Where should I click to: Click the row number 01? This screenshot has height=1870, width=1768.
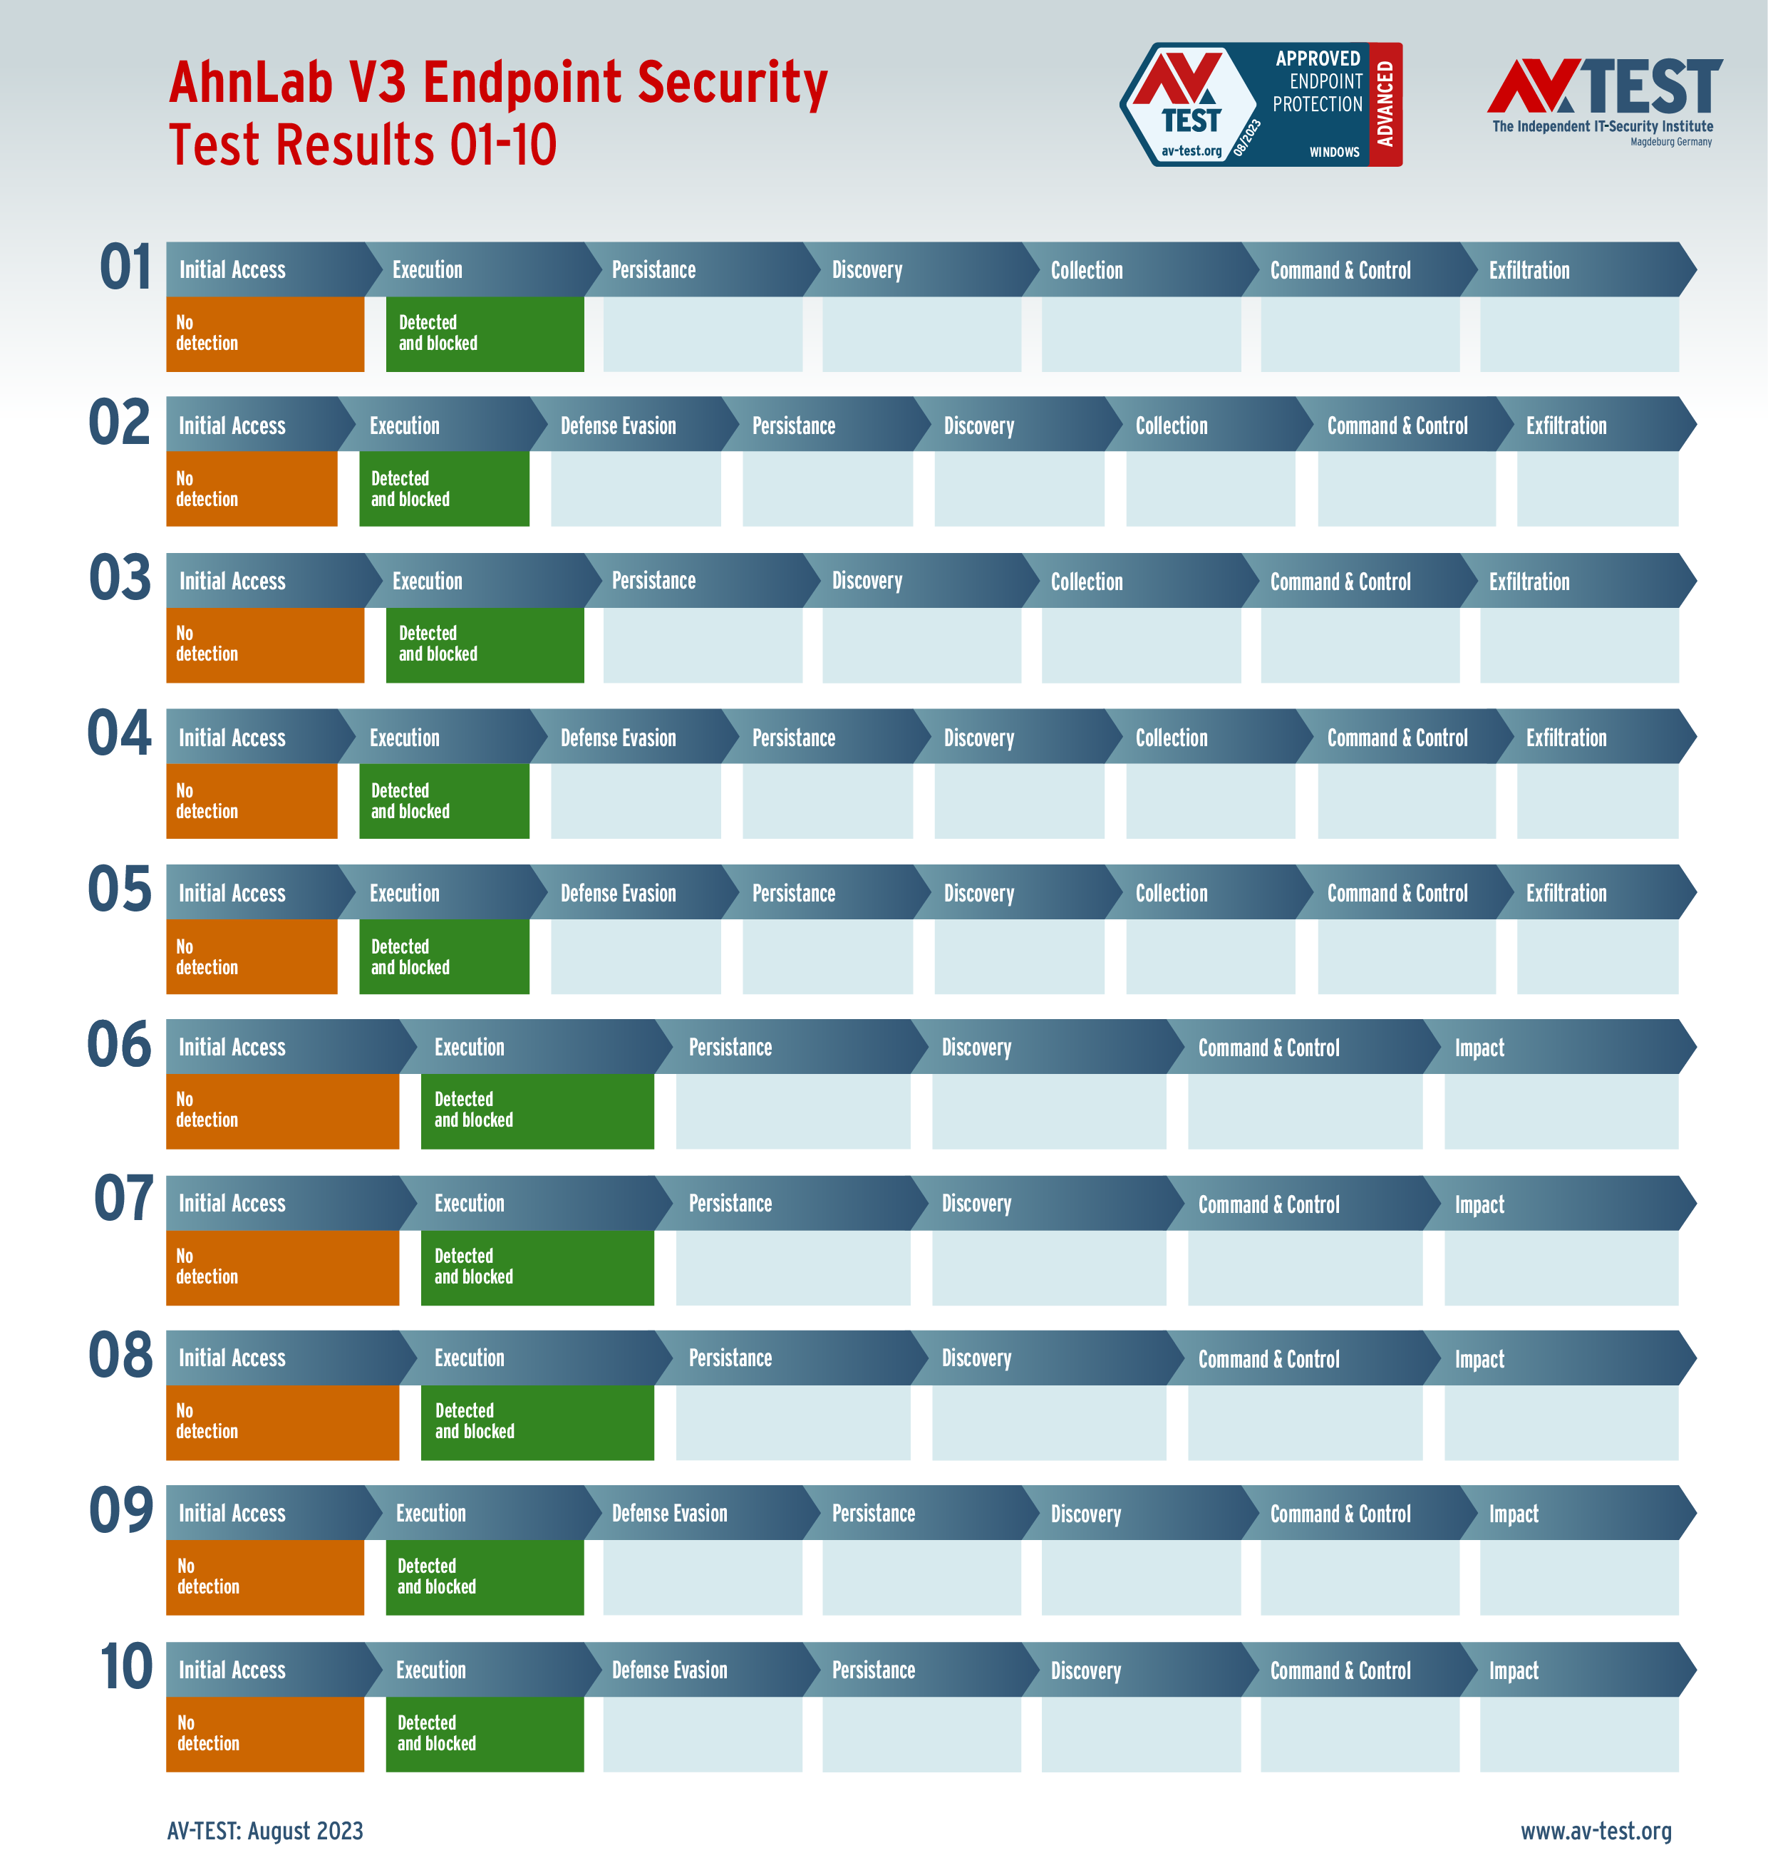125,268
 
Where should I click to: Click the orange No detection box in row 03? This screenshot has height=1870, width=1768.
265,645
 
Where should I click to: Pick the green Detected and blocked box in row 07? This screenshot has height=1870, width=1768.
537,1267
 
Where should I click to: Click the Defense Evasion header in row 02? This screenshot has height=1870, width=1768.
619,426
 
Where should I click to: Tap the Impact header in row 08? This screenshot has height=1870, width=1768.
1479,1359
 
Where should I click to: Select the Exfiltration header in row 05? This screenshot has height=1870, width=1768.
1566,894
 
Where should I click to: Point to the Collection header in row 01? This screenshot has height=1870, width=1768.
1087,271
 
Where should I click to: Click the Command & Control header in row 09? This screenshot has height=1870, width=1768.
1340,1514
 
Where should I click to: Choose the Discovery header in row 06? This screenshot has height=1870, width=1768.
976,1047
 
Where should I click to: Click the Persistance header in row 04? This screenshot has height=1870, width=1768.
794,738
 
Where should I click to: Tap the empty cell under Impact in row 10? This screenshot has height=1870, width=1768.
1578,1735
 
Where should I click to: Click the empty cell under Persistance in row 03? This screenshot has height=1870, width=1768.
702,645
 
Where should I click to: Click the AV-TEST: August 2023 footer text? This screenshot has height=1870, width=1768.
265,1830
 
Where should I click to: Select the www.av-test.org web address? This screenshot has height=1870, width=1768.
1596,1830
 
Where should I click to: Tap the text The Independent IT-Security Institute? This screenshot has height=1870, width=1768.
1602,126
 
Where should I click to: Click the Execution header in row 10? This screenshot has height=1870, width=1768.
430,1670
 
